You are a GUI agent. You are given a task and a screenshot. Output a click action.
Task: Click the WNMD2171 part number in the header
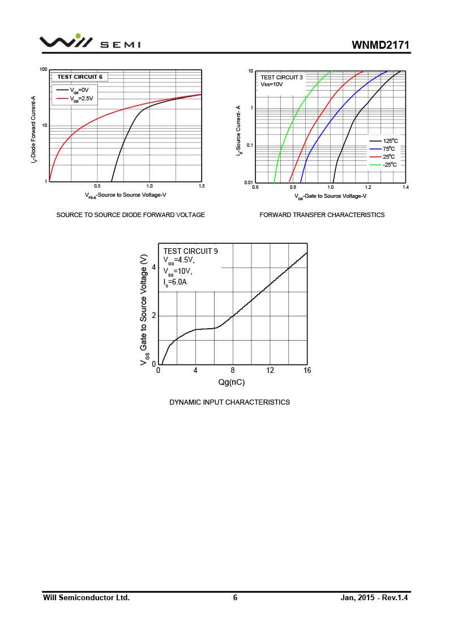pos(380,45)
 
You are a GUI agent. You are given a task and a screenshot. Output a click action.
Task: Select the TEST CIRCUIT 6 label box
pos(79,77)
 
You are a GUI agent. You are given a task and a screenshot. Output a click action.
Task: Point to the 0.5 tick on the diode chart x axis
pos(97,186)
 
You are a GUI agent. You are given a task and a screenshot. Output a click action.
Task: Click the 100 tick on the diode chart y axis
pos(43,70)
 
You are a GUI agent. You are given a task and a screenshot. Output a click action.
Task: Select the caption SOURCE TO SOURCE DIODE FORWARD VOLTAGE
pos(130,215)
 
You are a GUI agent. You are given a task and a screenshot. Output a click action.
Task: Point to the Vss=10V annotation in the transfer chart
pos(272,84)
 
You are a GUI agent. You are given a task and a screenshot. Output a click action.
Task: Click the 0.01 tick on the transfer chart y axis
pos(248,182)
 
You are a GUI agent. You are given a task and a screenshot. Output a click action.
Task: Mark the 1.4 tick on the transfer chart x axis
pos(405,187)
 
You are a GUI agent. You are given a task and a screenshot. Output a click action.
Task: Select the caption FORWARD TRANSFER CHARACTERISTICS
pos(322,215)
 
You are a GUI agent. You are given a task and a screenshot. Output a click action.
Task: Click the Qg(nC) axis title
pos(232,382)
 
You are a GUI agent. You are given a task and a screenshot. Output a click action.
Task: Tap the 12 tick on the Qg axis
pos(270,371)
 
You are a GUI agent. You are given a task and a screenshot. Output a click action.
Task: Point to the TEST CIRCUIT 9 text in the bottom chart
pos(190,251)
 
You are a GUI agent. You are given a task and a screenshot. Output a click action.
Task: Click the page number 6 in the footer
pos(235,597)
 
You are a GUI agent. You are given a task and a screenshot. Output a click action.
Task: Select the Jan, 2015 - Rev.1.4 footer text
pos(374,597)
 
